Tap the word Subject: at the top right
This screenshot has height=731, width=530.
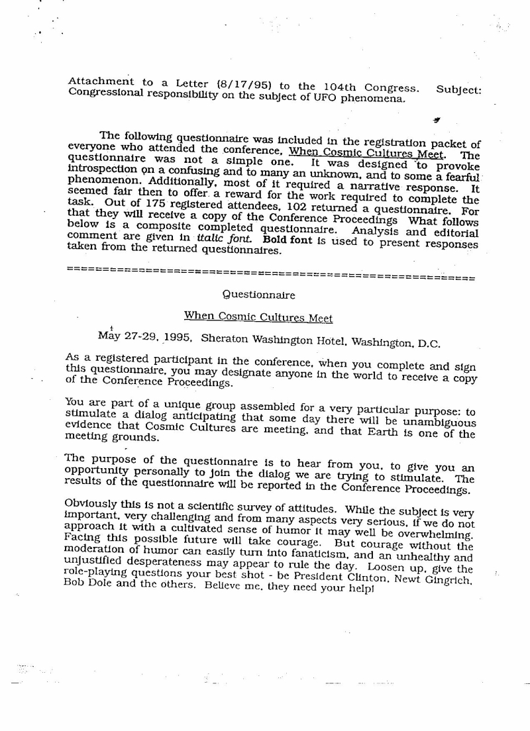(x=459, y=89)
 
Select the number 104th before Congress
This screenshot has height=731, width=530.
(x=317, y=88)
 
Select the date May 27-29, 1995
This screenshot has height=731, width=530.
(x=145, y=336)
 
